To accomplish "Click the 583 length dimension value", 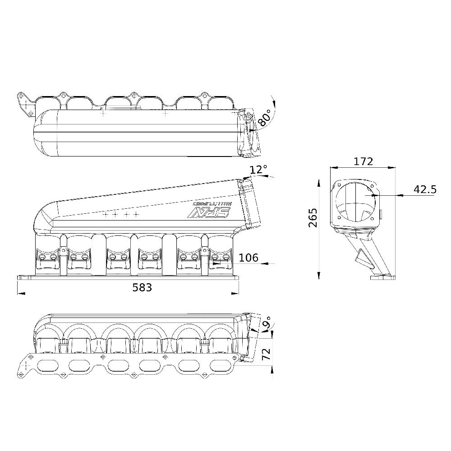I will click(x=143, y=287).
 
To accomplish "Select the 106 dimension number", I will click(x=249, y=258).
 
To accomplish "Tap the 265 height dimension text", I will click(x=313, y=217).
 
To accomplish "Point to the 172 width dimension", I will click(x=364, y=161).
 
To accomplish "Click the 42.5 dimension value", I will click(x=425, y=189).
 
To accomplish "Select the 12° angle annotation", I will click(x=258, y=170).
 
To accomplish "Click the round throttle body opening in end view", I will click(x=355, y=202).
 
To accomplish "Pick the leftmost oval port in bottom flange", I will click(x=47, y=364).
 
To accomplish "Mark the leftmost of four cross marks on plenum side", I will click(x=105, y=215).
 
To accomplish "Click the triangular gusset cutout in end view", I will click(x=361, y=258).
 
